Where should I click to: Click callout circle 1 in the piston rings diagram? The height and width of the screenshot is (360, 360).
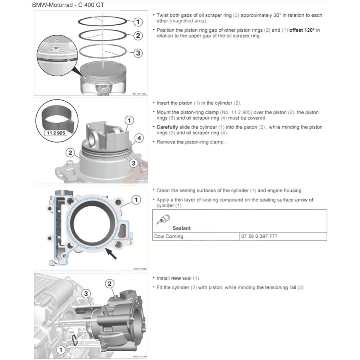click(x=138, y=22)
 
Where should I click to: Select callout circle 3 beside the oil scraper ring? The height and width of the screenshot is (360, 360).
click(x=138, y=53)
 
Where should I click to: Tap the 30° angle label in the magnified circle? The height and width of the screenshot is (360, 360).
click(x=57, y=48)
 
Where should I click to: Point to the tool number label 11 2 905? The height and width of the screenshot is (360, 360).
click(x=56, y=133)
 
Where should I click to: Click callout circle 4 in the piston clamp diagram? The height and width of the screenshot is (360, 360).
click(x=140, y=138)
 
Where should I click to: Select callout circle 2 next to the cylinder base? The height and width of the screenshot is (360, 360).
click(x=70, y=153)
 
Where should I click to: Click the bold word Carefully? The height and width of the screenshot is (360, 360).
click(x=167, y=127)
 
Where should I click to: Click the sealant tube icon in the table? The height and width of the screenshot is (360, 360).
click(x=163, y=219)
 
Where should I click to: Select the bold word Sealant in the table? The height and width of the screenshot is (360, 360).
click(x=181, y=229)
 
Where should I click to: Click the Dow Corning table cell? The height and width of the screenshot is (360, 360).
click(x=169, y=237)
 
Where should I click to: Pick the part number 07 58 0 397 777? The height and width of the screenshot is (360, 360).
click(x=259, y=237)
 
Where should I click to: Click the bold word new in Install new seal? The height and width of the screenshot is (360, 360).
click(x=176, y=278)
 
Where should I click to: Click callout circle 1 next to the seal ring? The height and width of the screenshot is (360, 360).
click(x=61, y=350)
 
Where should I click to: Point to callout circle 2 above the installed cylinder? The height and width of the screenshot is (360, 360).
click(x=110, y=284)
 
